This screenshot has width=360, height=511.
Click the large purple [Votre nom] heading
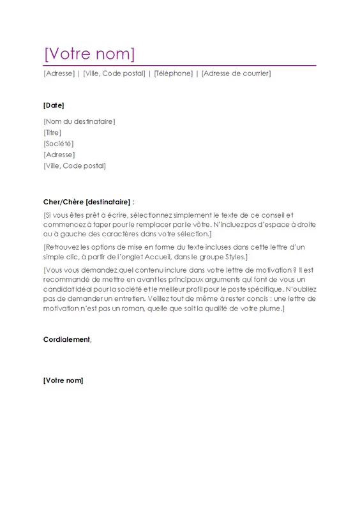[x=89, y=53]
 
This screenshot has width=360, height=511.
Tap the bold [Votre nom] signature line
[x=63, y=381]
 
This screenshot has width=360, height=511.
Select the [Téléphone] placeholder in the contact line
[x=173, y=73]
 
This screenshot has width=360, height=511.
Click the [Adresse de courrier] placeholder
[x=236, y=73]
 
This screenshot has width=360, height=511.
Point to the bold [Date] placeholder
[x=54, y=105]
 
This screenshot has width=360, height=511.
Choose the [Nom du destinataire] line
[x=79, y=121]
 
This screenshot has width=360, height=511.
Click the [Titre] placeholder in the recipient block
[x=52, y=132]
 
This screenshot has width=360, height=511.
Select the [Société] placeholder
[x=58, y=144]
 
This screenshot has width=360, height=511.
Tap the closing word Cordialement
[x=67, y=340]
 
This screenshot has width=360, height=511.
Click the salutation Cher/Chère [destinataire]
[x=89, y=201]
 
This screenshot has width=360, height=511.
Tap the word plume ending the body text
[x=268, y=309]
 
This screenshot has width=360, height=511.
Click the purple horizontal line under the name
[x=179, y=65]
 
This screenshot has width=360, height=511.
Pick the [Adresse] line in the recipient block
[x=59, y=155]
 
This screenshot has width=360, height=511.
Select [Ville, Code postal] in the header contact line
[x=114, y=73]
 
